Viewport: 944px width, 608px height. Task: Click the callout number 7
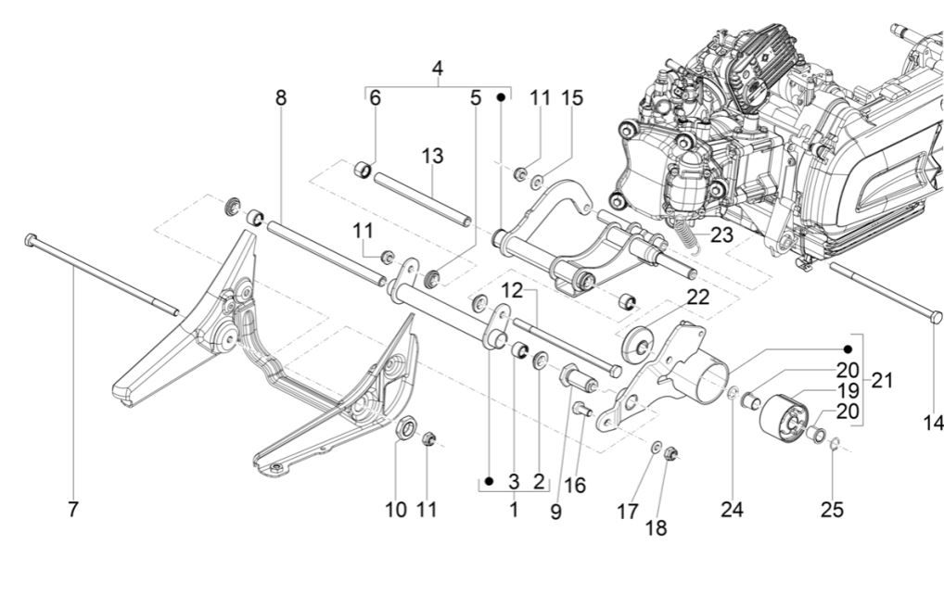coord(73,509)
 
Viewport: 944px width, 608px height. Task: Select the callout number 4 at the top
coord(437,69)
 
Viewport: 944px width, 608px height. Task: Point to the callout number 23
coord(722,235)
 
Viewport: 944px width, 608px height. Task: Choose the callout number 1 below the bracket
coord(513,509)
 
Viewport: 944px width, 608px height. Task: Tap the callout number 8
coord(281,97)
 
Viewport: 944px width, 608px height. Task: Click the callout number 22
coord(696,297)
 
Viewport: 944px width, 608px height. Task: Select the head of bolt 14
coord(936,317)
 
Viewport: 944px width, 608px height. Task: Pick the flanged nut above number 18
coord(674,453)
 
